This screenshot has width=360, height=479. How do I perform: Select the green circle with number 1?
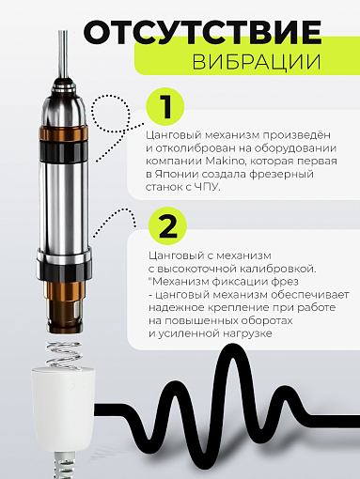[x=166, y=106]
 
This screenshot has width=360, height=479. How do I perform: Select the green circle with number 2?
[x=166, y=225]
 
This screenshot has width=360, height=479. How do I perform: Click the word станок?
[x=171, y=187]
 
